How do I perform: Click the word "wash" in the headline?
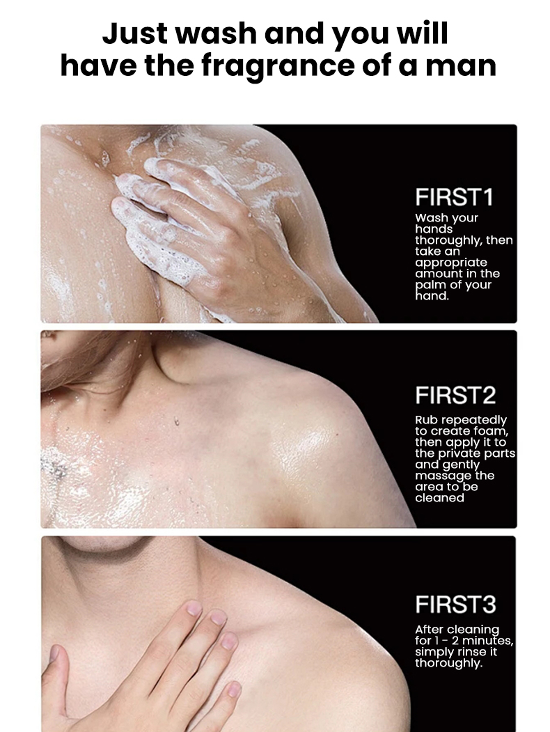click(211, 33)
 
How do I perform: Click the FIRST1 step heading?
click(454, 197)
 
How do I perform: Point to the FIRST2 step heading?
click(455, 395)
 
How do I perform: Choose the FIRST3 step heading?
click(455, 604)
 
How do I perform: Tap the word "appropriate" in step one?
click(451, 263)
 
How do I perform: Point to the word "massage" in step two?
click(443, 476)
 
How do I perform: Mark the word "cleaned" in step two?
click(439, 498)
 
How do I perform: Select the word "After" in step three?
click(429, 630)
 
